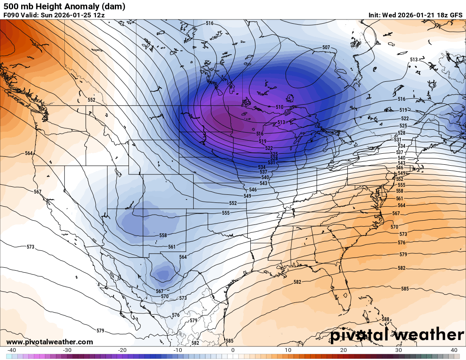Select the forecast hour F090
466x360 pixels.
(11, 15)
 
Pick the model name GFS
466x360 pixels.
(456, 15)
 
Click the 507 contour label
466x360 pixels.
(326, 47)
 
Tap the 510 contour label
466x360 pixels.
(279, 107)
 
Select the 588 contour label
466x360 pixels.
(385, 319)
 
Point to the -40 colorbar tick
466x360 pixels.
(11, 350)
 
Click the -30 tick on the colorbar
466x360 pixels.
(67, 350)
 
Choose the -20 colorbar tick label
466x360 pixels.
(122, 350)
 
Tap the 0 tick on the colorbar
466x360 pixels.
(233, 350)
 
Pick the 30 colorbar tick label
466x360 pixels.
(399, 350)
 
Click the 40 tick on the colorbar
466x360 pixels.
(454, 350)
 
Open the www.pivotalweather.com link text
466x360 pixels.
(50, 342)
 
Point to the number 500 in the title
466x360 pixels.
(10, 6)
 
